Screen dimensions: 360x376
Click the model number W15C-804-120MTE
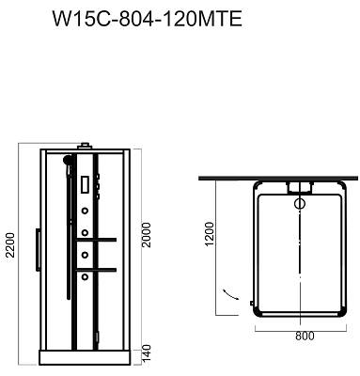pyautogui.click(x=148, y=19)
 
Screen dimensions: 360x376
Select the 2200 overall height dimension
pyautogui.click(x=11, y=245)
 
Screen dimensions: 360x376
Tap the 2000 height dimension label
pyautogui.click(x=147, y=235)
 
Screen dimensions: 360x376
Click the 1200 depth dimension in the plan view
pyautogui.click(x=209, y=234)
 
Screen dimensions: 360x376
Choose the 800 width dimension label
pyautogui.click(x=305, y=336)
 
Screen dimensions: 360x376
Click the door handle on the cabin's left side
pyautogui.click(x=38, y=250)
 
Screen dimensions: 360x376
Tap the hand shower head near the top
pyautogui.click(x=67, y=160)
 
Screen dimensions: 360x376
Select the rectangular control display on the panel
pyautogui.click(x=86, y=184)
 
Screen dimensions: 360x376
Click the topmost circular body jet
pyautogui.click(x=85, y=211)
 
